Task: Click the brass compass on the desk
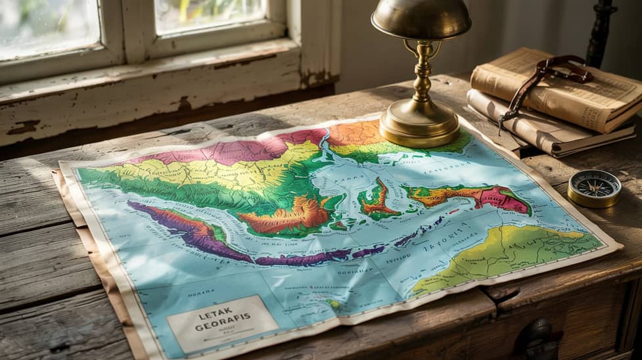click(x=594, y=188)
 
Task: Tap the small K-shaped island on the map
click(x=378, y=200)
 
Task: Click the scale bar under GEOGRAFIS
click(x=223, y=337)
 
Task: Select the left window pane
click(x=49, y=26)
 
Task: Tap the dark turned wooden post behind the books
click(x=601, y=33)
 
